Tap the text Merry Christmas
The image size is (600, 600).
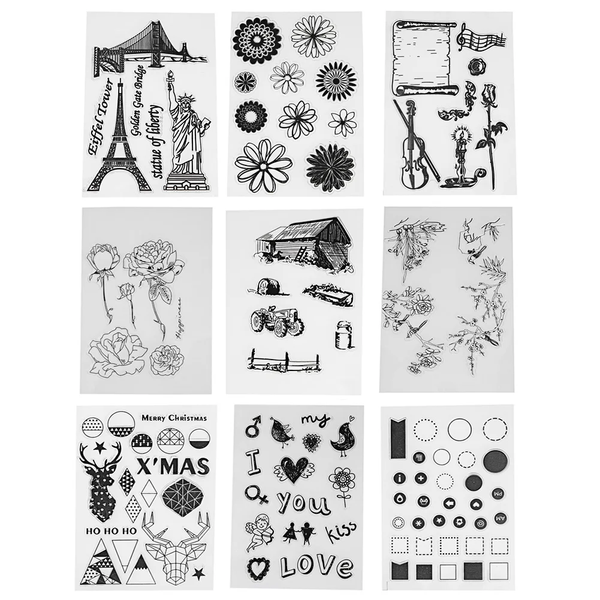[174, 418]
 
